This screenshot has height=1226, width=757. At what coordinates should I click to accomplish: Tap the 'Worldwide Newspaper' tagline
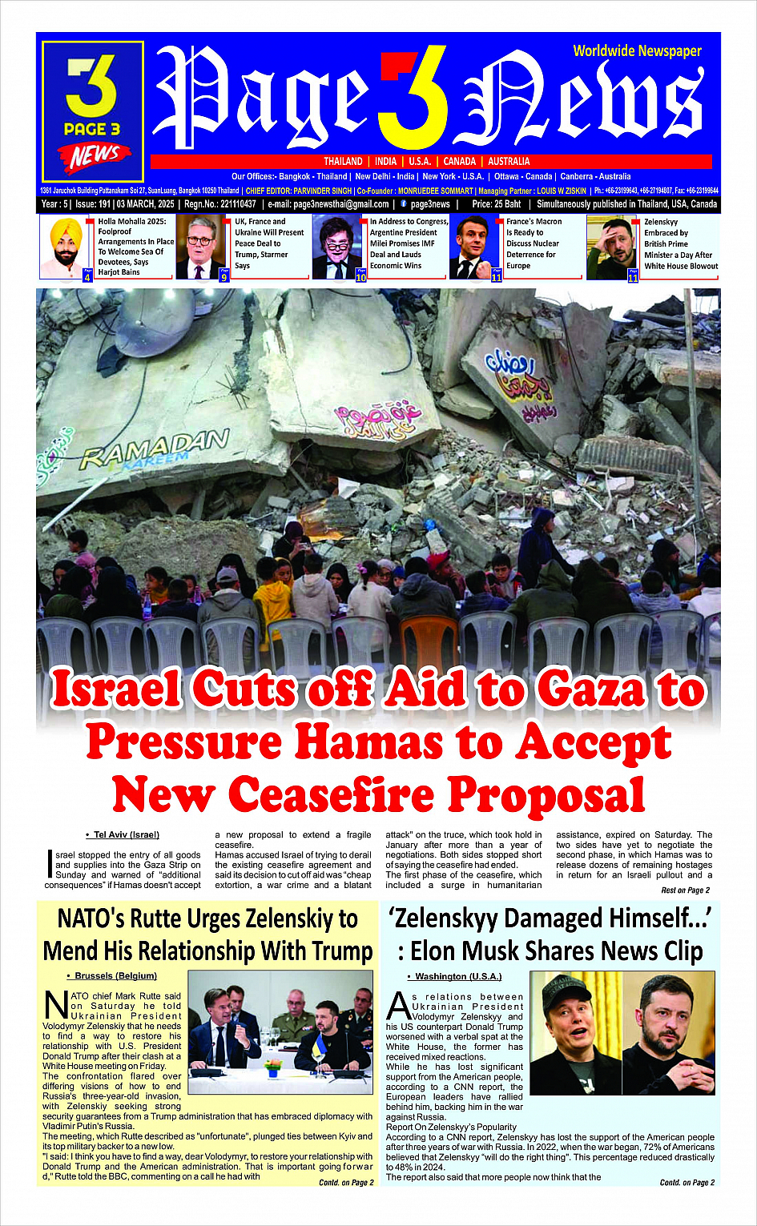click(x=637, y=51)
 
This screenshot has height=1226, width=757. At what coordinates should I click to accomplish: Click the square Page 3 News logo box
click(x=93, y=112)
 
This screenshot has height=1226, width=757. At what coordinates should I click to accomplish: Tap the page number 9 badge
click(x=224, y=277)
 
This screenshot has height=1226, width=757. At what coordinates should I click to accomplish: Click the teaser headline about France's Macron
click(x=534, y=243)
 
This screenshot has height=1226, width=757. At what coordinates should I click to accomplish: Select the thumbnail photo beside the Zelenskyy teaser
click(x=613, y=247)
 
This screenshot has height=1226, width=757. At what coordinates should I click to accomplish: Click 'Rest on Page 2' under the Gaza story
click(x=685, y=890)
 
